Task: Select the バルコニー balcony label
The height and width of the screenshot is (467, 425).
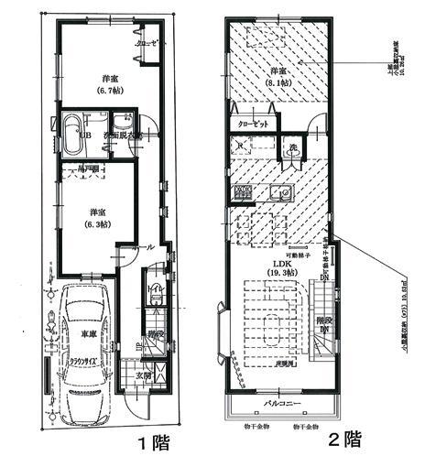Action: point(282,402)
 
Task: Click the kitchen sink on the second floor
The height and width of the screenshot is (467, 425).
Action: point(280,194)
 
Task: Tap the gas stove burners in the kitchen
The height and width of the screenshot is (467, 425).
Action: point(245,193)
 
